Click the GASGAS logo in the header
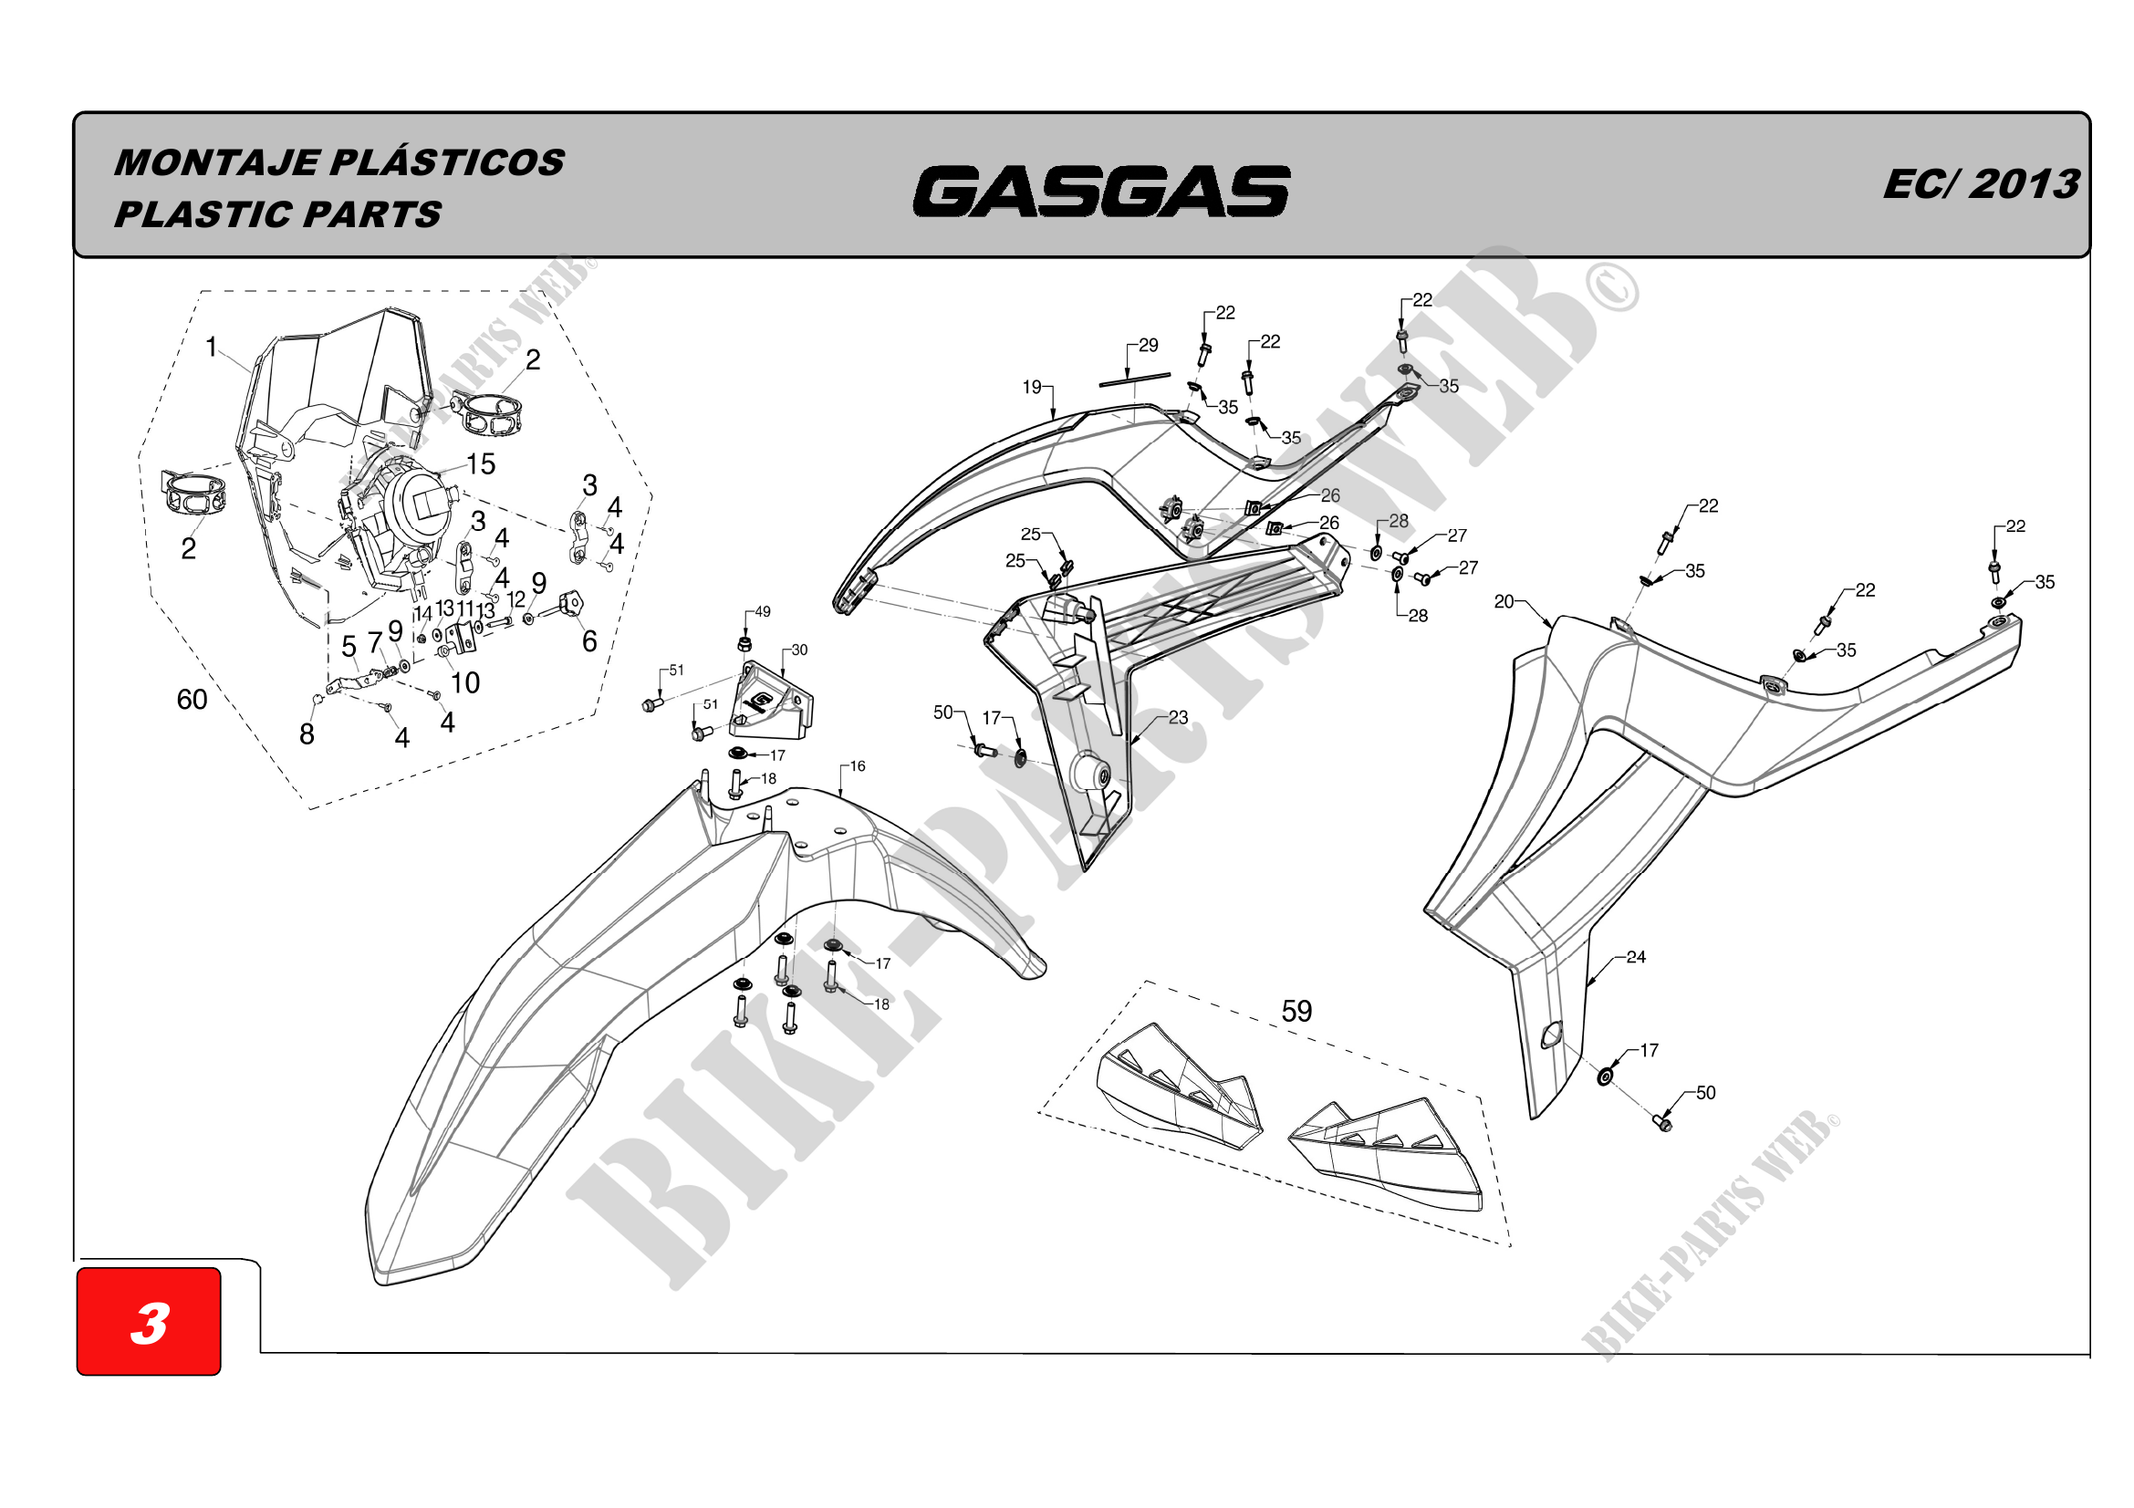1101,192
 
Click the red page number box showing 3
149,1320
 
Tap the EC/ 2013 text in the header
1981,184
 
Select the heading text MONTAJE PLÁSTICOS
339,162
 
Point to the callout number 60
192,700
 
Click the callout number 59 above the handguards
1296,1011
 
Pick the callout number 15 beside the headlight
481,463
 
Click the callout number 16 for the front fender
857,766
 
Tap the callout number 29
1149,346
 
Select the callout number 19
1032,387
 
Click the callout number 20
1504,602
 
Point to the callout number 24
1636,957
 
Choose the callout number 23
1178,717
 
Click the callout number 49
762,612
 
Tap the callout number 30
799,650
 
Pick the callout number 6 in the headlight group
589,641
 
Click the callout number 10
464,683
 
